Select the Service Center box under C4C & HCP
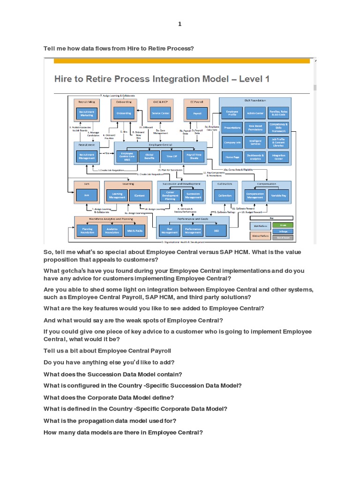[159, 113]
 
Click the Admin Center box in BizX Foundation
[255, 113]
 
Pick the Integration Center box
[278, 157]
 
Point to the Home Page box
[232, 157]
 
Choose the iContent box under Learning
[139, 195]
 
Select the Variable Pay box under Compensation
[278, 195]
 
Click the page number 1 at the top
[179, 24]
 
